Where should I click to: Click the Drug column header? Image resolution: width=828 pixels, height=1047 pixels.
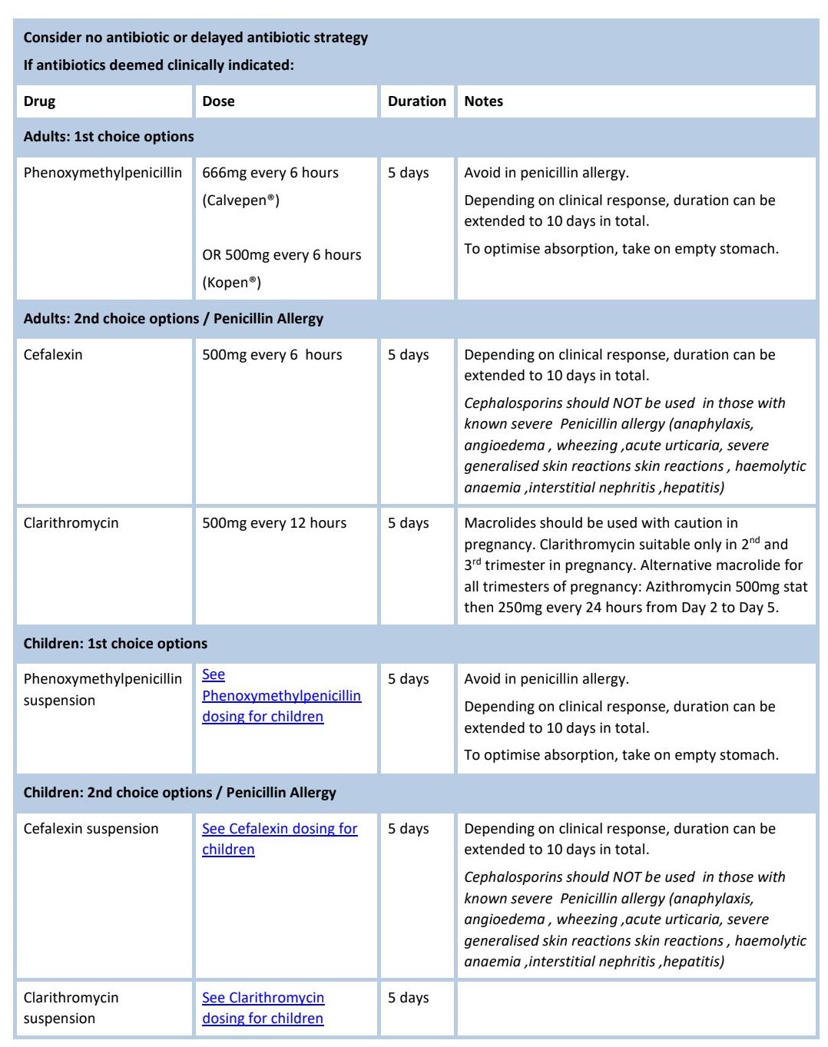point(40,101)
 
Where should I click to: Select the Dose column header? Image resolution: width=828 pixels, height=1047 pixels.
point(218,101)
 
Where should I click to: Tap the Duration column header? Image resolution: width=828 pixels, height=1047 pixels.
point(416,101)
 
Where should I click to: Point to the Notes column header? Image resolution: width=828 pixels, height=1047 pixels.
point(483,101)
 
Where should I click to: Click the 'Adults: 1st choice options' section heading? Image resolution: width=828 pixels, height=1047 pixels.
point(108,137)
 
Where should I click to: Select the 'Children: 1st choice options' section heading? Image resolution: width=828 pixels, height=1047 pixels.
point(115,644)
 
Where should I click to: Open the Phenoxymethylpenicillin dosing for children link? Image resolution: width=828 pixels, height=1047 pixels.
point(281,696)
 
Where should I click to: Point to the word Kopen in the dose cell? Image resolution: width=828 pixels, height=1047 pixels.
point(230,283)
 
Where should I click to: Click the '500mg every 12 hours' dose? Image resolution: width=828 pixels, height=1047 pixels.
point(274,523)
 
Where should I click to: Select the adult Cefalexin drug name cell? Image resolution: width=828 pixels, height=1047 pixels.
point(53,355)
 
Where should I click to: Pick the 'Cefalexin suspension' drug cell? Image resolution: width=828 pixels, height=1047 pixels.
point(91,829)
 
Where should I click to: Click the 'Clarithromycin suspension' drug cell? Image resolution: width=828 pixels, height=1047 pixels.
point(71,1008)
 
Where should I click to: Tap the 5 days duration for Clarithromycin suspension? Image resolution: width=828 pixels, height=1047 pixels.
point(408,998)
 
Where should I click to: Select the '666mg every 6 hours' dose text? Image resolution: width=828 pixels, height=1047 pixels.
point(270,173)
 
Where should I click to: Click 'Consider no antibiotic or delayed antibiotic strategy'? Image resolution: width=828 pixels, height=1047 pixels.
point(195,38)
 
